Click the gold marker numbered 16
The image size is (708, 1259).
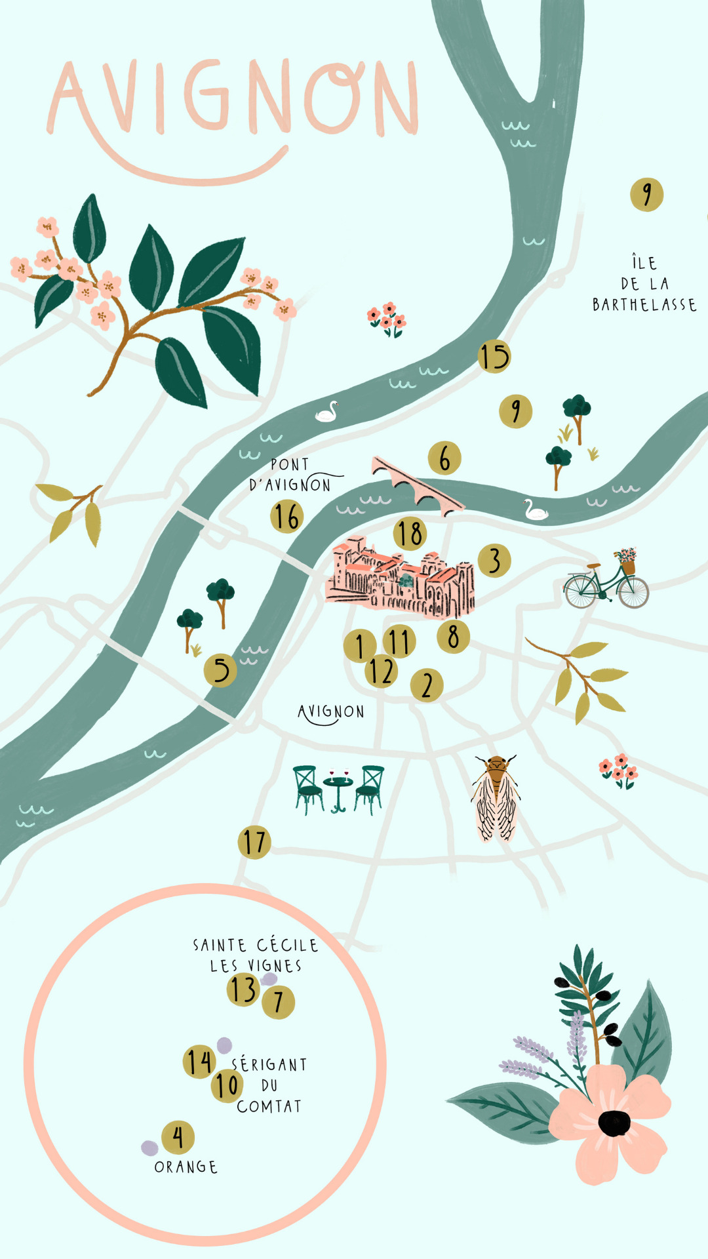286,516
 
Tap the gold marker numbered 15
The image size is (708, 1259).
494,357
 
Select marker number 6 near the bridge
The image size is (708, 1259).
444,458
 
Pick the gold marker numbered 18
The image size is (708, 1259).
410,534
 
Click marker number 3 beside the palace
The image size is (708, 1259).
494,561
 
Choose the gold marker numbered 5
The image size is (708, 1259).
220,670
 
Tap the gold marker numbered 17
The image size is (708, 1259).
254,843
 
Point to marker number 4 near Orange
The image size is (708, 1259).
178,1136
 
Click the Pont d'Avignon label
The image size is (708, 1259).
290,475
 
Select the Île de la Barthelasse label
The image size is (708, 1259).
644,284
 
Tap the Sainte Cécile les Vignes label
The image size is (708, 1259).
256,955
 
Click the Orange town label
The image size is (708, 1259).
186,1167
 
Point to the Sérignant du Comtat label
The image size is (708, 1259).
269,1085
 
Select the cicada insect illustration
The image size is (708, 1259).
496,797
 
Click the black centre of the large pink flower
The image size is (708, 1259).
614,1123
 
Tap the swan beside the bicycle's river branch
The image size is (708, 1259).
536,510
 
